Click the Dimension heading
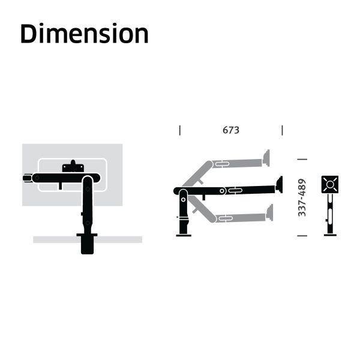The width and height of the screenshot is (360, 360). (85, 34)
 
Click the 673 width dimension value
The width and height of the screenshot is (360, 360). (231, 130)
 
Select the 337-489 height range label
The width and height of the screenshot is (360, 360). (302, 197)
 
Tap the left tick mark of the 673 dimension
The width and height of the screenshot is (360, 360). (180, 130)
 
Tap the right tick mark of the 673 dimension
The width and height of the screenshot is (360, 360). (282, 130)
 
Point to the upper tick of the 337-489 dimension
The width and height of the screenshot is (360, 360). (302, 159)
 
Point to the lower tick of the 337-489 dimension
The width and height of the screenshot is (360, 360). (302, 236)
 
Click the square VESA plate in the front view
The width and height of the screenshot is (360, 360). (330, 184)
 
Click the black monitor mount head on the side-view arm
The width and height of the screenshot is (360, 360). (279, 185)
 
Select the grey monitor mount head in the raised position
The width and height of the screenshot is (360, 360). (266, 158)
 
